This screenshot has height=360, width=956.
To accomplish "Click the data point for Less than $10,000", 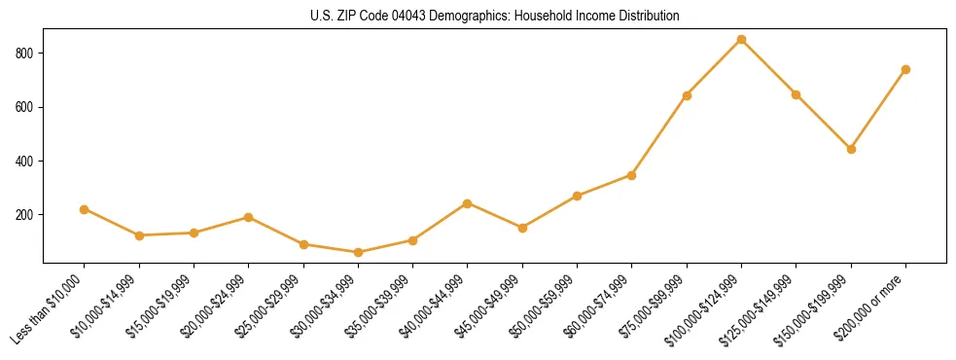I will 85,209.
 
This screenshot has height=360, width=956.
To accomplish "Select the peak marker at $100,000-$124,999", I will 741,40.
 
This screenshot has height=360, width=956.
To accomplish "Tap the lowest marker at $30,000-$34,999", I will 358,252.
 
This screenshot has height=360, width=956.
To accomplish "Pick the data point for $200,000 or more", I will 905,69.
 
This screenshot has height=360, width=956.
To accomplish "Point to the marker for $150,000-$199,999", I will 851,149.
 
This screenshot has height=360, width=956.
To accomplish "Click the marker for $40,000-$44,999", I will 468,203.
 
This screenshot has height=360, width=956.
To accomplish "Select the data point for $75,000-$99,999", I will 687,95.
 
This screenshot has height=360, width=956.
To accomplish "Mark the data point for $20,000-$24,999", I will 249,217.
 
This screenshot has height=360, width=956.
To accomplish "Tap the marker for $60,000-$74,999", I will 631,175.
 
